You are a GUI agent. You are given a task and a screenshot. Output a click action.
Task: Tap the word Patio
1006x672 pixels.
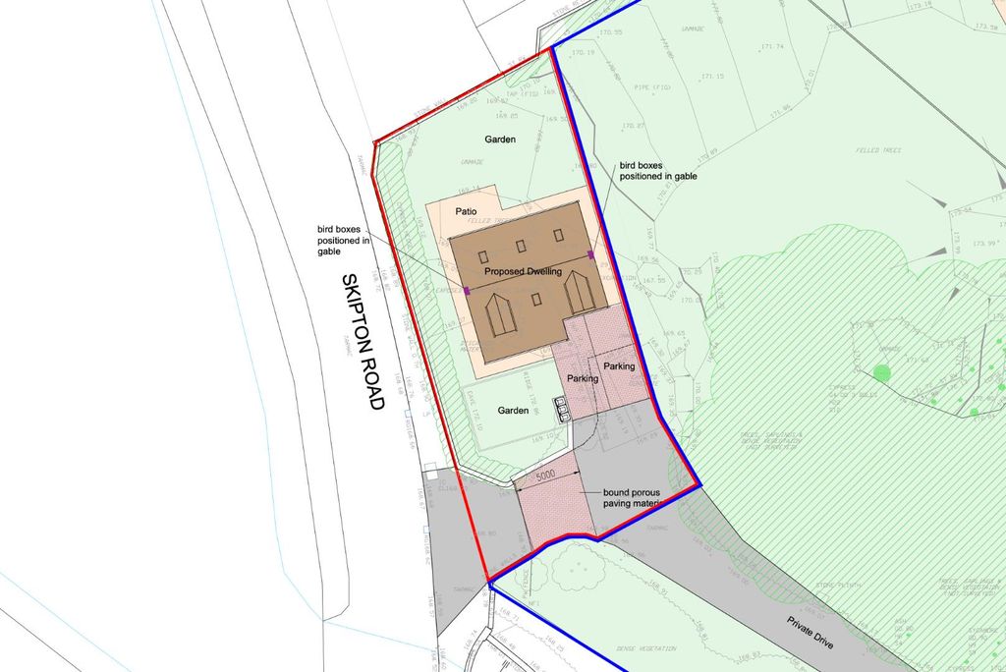[466, 211]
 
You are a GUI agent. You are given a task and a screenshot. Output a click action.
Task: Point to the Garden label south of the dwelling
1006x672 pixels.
[513, 411]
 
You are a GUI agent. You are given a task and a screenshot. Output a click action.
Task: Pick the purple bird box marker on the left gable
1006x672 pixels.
[468, 290]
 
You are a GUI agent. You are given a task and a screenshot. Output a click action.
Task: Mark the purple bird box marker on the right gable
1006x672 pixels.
[591, 254]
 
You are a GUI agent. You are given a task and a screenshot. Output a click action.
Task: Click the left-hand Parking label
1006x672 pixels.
[583, 378]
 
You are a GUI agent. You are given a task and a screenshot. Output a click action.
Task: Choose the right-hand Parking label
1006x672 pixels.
[619, 366]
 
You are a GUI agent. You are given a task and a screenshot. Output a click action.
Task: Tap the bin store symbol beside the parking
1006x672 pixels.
[562, 409]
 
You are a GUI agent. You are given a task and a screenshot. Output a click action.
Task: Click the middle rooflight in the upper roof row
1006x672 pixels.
[522, 246]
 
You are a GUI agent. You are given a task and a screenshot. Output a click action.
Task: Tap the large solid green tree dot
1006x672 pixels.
[881, 372]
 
